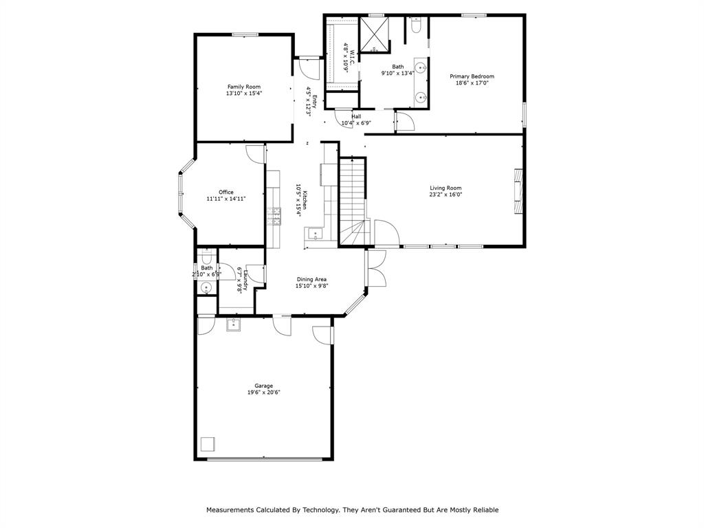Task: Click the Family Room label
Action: (x=244, y=87)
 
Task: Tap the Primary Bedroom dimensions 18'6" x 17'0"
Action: (x=472, y=83)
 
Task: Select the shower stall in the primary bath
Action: (x=375, y=34)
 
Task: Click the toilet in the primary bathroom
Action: (x=416, y=26)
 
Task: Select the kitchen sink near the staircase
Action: (x=316, y=234)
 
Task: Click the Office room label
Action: (x=226, y=192)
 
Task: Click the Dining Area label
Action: (x=311, y=279)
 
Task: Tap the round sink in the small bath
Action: (x=206, y=288)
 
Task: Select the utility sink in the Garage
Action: (x=233, y=324)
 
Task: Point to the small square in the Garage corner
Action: (x=207, y=443)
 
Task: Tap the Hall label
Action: (x=356, y=116)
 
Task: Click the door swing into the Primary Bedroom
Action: (x=406, y=122)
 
